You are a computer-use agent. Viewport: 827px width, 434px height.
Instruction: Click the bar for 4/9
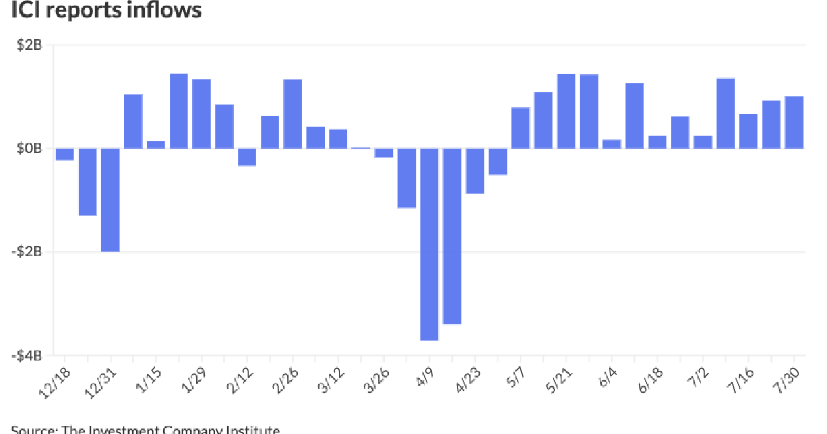(429, 244)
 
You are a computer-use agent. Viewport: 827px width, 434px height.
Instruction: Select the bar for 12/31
(110, 200)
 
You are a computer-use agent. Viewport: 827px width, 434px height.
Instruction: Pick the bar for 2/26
(293, 114)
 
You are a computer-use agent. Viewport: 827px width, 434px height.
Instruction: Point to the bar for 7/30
(794, 122)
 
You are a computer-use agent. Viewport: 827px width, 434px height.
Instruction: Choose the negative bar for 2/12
(247, 157)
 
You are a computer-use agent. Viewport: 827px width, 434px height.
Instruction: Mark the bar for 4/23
(475, 171)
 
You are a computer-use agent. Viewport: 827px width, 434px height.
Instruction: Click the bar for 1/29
(201, 114)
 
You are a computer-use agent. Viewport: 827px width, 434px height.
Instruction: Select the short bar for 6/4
(612, 143)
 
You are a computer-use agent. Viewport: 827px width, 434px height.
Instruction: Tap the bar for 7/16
(748, 131)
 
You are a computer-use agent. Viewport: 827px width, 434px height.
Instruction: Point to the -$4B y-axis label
(28, 355)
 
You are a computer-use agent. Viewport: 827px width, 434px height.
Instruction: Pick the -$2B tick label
(28, 252)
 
